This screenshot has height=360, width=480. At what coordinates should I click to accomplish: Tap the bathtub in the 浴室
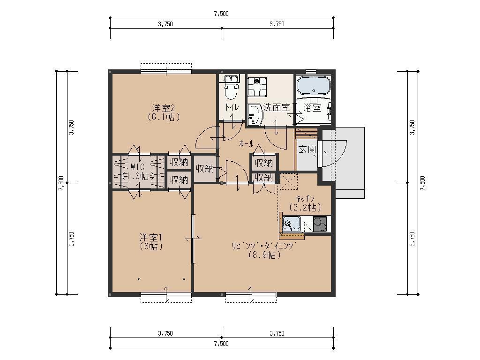[x=314, y=85]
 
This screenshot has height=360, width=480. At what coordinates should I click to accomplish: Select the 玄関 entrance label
[x=307, y=150]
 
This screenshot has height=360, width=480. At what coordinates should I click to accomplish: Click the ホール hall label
[x=246, y=143]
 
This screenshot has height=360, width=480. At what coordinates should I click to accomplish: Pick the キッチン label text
[x=305, y=198]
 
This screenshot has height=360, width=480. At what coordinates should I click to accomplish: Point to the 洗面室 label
[x=277, y=107]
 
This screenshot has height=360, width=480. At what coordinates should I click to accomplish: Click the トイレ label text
[x=232, y=107]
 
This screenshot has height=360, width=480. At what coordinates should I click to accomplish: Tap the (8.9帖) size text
[x=264, y=255]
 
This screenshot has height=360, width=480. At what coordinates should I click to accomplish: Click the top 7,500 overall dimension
[x=221, y=14]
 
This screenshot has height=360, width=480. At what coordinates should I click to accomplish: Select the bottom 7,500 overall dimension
[x=221, y=344]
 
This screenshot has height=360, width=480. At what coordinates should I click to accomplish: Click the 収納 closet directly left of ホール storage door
[x=205, y=168]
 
